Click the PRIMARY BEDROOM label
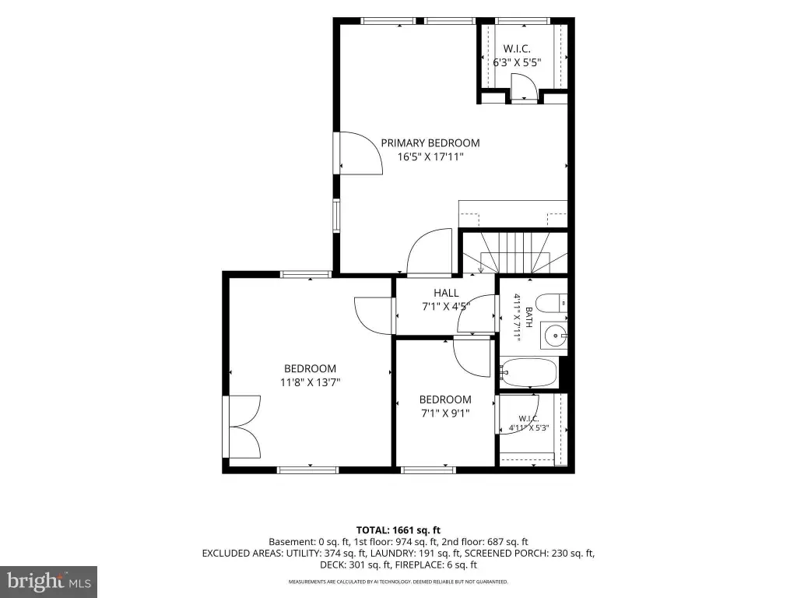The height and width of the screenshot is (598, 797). pyautogui.click(x=430, y=143)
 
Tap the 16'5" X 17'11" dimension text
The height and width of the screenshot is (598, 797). pyautogui.click(x=430, y=157)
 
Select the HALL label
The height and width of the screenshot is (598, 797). pyautogui.click(x=446, y=293)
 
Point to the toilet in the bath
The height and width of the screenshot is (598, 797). pyautogui.click(x=551, y=303)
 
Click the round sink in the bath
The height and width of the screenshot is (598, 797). pyautogui.click(x=554, y=336)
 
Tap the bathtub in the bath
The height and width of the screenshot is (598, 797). pyautogui.click(x=529, y=373)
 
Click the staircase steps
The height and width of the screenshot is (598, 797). pyautogui.click(x=515, y=253)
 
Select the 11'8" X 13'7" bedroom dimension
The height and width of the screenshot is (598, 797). pyautogui.click(x=310, y=382)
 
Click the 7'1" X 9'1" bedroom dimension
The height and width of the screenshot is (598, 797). pyautogui.click(x=445, y=413)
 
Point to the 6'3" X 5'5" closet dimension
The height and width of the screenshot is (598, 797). pyautogui.click(x=517, y=62)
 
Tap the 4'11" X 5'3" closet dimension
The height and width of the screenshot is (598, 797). pyautogui.click(x=529, y=428)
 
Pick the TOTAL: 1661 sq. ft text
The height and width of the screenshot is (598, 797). pyautogui.click(x=398, y=530)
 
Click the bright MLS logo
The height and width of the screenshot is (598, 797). pyautogui.click(x=48, y=582)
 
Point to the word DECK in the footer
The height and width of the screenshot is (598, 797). pyautogui.click(x=332, y=565)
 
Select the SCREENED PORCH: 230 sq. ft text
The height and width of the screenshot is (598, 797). pyautogui.click(x=529, y=554)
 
